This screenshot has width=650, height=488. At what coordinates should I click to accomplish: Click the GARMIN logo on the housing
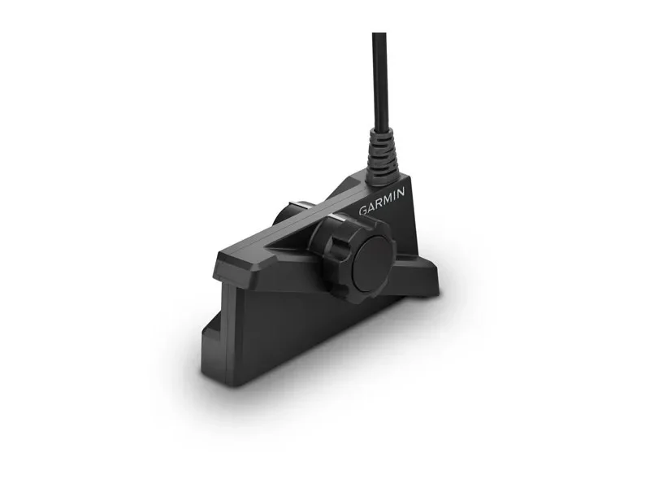pos(381,201)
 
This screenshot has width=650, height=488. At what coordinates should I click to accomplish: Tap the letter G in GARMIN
pos(362,210)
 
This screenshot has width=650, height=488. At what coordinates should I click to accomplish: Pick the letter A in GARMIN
pos(370,207)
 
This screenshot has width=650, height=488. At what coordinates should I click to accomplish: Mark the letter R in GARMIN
pos(378,203)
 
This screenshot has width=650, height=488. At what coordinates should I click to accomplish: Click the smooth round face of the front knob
pos(372,260)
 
